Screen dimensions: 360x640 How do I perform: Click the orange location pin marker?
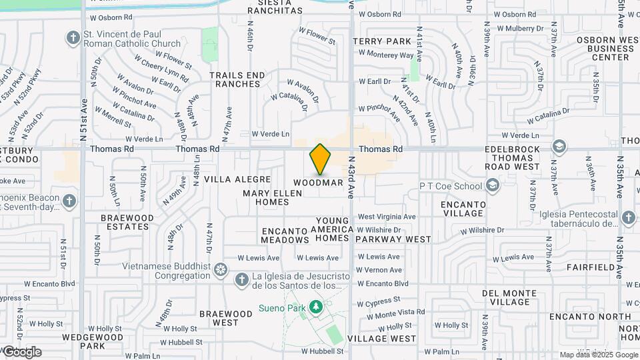click(x=321, y=159)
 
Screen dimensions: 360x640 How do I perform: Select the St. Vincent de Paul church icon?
click(x=73, y=37)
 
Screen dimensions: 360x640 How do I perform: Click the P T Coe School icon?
click(x=493, y=185)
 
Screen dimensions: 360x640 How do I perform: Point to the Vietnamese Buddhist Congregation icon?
click(x=221, y=271)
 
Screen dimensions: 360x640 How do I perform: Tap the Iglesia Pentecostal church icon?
click(x=627, y=218)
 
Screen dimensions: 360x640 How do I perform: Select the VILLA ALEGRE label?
click(x=237, y=179)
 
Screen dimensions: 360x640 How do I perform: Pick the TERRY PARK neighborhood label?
click(x=382, y=41)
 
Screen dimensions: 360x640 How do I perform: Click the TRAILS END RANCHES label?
click(x=235, y=79)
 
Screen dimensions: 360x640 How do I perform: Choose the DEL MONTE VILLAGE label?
click(x=509, y=297)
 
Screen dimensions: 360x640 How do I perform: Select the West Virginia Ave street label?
click(x=387, y=217)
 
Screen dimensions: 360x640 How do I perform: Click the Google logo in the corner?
click(x=22, y=351)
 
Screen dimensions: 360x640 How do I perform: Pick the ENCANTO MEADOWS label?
click(x=285, y=235)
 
